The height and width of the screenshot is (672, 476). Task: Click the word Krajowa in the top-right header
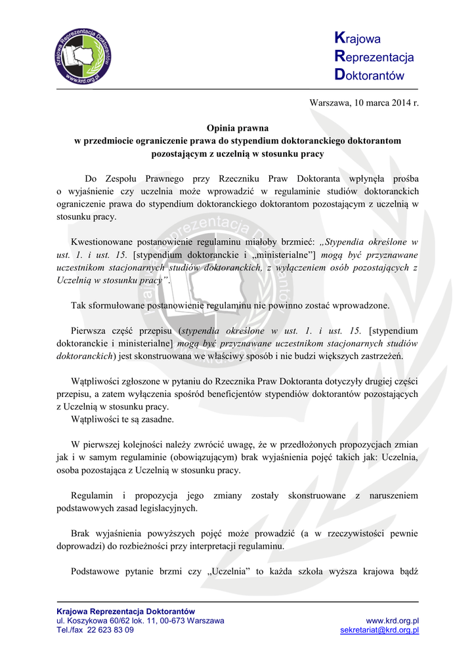tap(358, 39)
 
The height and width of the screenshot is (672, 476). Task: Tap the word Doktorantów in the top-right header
tap(370, 75)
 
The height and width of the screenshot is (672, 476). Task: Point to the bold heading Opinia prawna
tap(238, 128)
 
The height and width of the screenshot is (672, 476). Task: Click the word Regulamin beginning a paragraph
tap(91, 495)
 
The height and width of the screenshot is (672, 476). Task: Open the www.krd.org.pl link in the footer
tap(393, 621)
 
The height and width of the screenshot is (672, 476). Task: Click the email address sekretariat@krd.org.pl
tap(379, 630)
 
